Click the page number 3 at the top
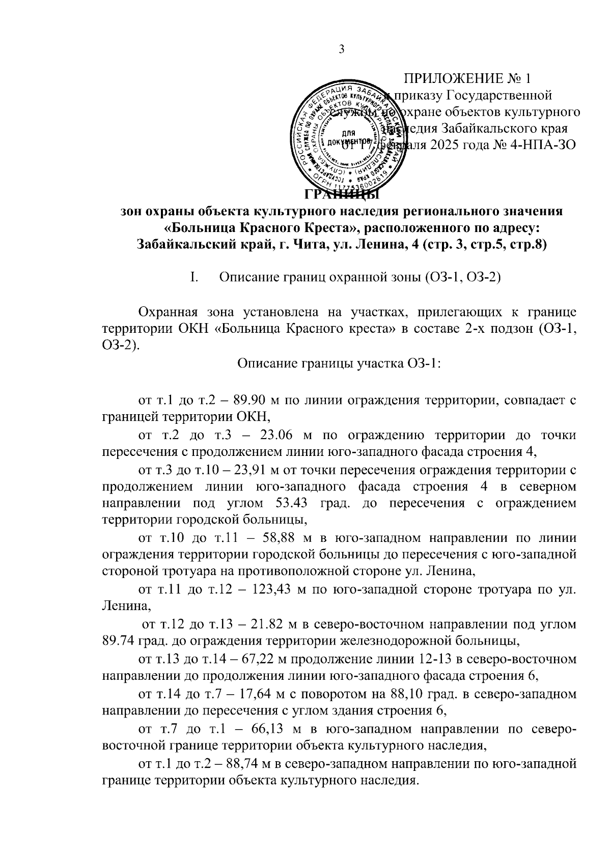coord(342,49)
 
